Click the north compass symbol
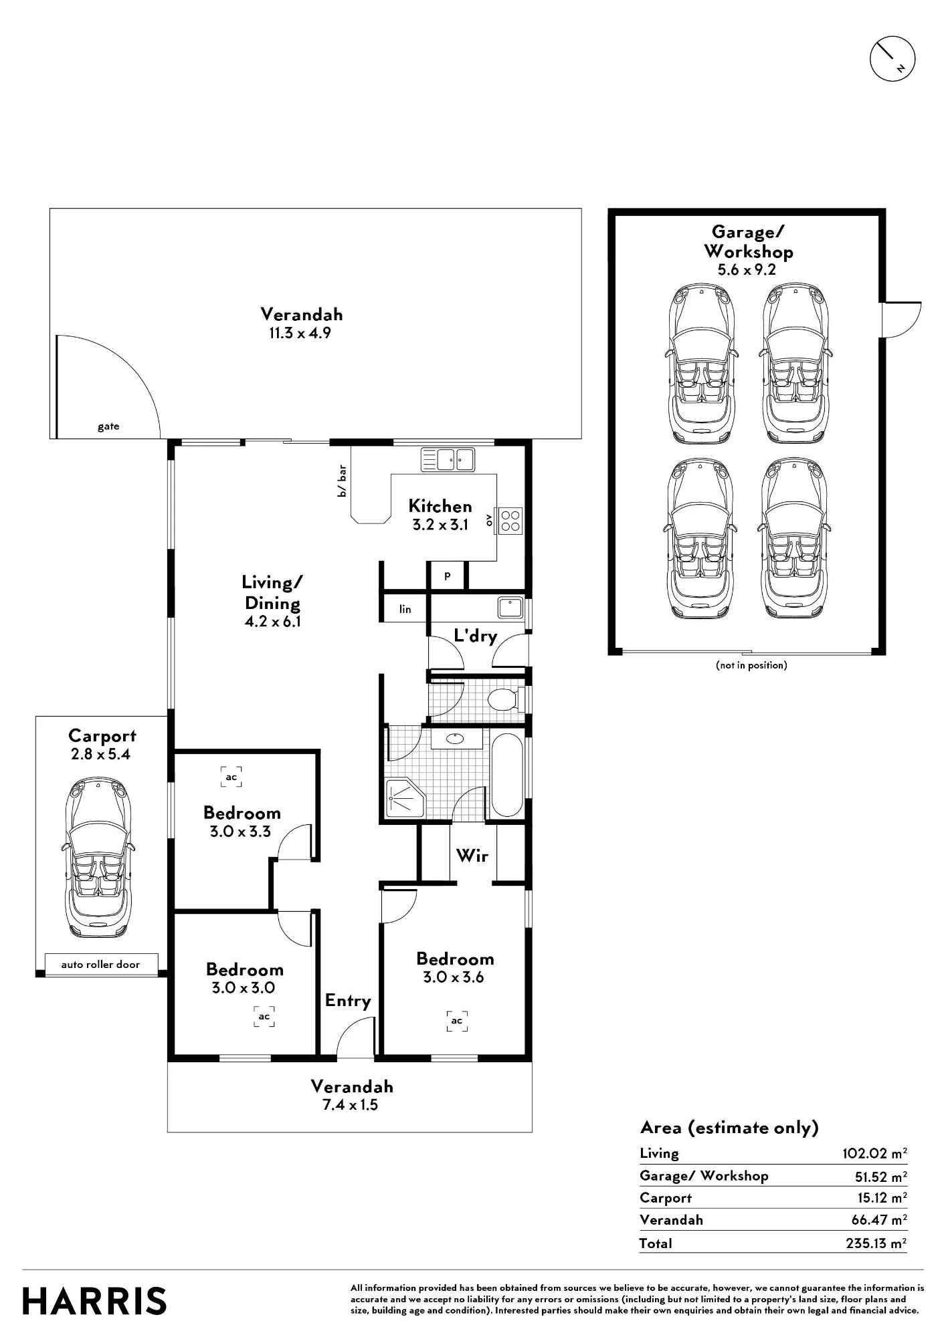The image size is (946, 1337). coord(892,59)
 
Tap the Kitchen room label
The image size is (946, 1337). coord(440,506)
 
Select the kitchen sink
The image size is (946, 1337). coord(448,460)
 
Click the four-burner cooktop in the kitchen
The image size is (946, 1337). coord(510,521)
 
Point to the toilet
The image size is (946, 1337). coord(506,700)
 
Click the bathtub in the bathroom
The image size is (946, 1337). coord(508,774)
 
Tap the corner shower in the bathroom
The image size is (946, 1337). coord(405,798)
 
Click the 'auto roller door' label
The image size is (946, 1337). coord(100,964)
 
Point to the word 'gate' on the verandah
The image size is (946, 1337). coord(108,427)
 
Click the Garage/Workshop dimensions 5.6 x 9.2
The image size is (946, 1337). coord(747,269)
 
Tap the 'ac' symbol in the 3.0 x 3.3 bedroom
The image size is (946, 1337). coord(231,777)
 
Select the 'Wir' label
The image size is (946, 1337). coord(472,855)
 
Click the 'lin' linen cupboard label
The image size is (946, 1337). coord(405,609)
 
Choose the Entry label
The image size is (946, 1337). coord(348,1001)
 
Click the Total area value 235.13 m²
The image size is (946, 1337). coord(876,1243)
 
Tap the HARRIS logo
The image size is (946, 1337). coord(94,1301)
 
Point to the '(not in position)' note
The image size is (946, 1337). coord(751,665)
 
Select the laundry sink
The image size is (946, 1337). coord(510,608)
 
